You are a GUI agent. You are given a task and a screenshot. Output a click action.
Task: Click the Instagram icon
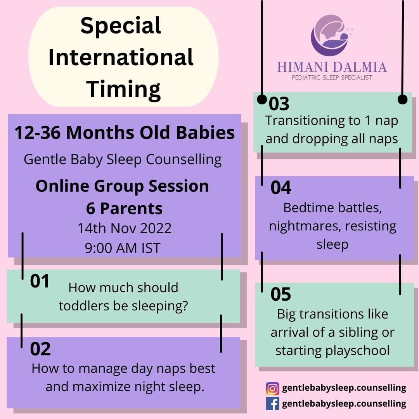[272, 388]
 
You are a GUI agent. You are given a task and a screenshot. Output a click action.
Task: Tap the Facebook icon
[272, 403]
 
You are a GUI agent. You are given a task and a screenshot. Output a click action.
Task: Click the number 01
[40, 281]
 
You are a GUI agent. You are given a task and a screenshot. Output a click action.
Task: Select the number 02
[40, 349]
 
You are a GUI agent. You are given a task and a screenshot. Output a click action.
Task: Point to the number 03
[279, 104]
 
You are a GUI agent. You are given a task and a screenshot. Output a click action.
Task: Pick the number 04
[281, 188]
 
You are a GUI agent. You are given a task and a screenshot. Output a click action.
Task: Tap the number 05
[280, 294]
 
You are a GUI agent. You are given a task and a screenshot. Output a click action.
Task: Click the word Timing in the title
[123, 90]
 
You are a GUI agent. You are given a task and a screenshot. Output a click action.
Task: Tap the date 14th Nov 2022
[125, 229]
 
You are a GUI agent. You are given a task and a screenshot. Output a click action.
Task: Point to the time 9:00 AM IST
[123, 248]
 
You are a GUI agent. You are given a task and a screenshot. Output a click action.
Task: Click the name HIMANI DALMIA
[332, 67]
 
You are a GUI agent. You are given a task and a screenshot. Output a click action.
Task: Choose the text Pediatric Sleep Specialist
[332, 78]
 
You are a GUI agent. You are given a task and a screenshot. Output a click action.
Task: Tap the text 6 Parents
[124, 209]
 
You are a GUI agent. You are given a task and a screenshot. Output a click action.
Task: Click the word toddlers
[84, 306]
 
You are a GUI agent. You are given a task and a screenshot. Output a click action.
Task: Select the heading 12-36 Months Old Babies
[125, 133]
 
